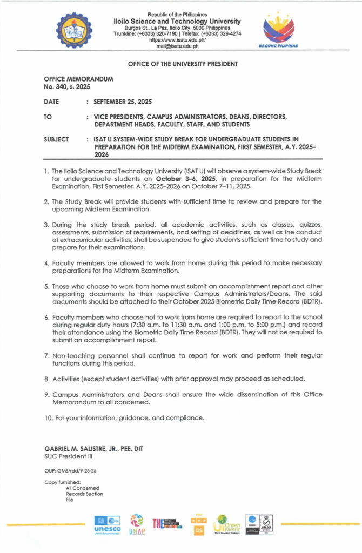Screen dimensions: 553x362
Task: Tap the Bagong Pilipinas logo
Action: click(x=279, y=30)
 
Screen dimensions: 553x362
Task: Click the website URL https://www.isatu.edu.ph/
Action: click(x=177, y=39)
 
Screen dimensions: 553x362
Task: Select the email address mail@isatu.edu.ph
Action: click(x=177, y=46)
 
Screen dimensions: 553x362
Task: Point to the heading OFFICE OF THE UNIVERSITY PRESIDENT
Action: click(x=183, y=64)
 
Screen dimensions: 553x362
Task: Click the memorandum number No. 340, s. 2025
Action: click(x=67, y=86)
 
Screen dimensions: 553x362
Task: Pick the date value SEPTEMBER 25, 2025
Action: click(x=123, y=102)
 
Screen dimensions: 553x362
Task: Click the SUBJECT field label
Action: click(x=56, y=139)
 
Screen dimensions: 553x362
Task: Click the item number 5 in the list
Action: click(x=47, y=286)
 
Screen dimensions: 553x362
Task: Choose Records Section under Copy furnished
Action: click(x=84, y=494)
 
